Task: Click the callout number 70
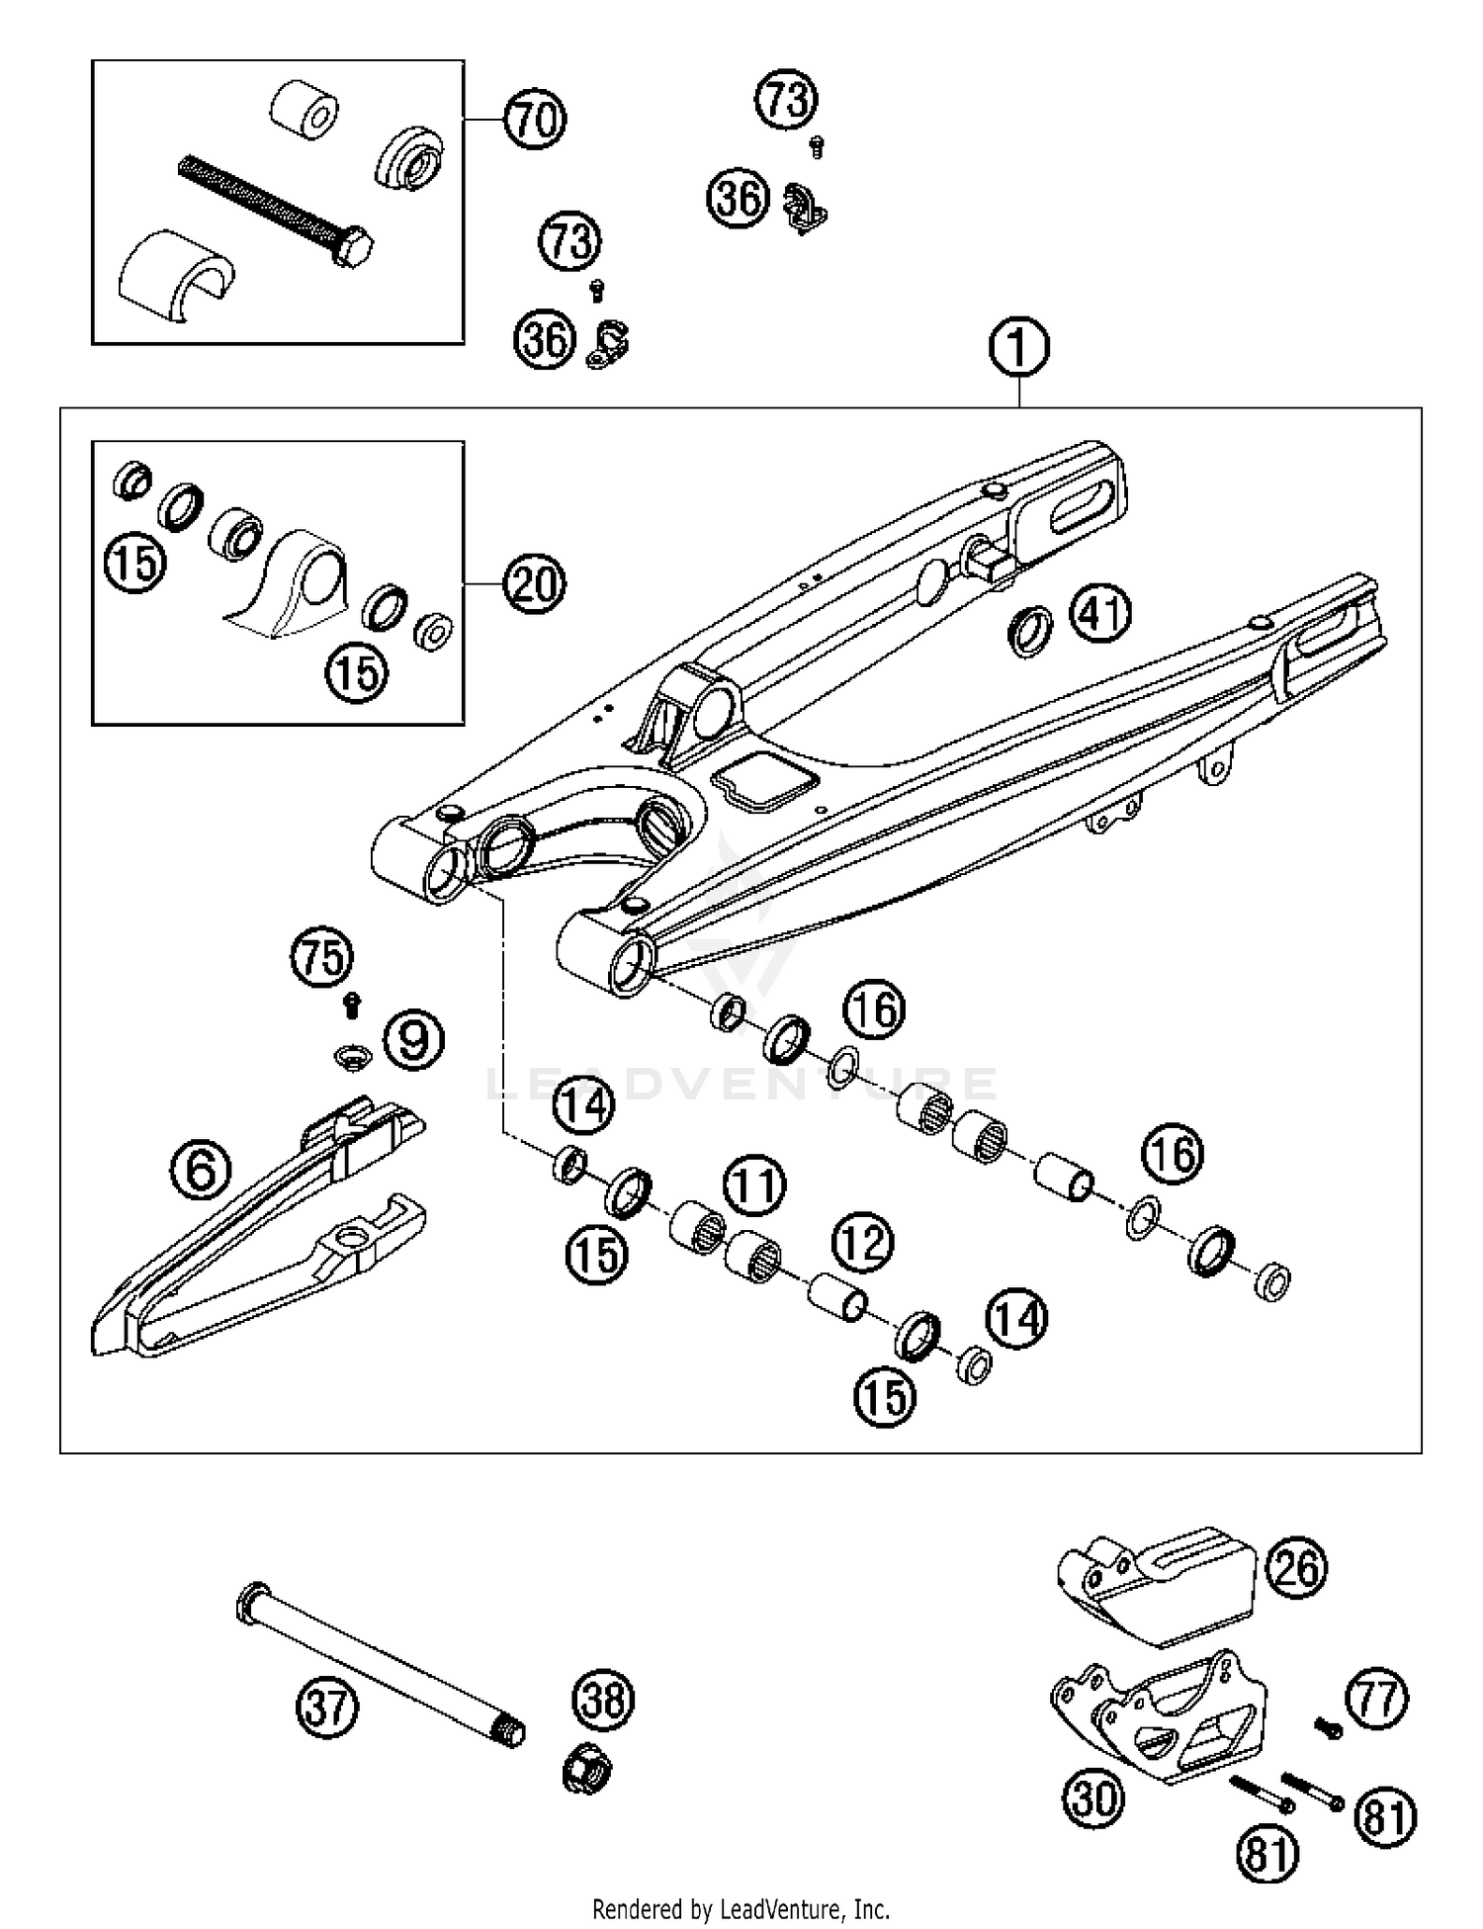coord(535,120)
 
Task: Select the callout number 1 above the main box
coord(1018,348)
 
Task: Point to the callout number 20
coord(534,584)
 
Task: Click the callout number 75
coord(323,958)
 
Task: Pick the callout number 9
coord(413,1039)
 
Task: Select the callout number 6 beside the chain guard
coord(201,1171)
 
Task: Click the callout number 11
coord(754,1185)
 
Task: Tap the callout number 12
coord(862,1242)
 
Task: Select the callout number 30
coord(1093,1797)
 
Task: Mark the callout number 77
coord(1377,1700)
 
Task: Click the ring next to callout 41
coord(1030,632)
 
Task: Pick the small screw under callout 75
coord(350,1006)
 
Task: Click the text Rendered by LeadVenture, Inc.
coord(741,1907)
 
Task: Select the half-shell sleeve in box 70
coord(173,277)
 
